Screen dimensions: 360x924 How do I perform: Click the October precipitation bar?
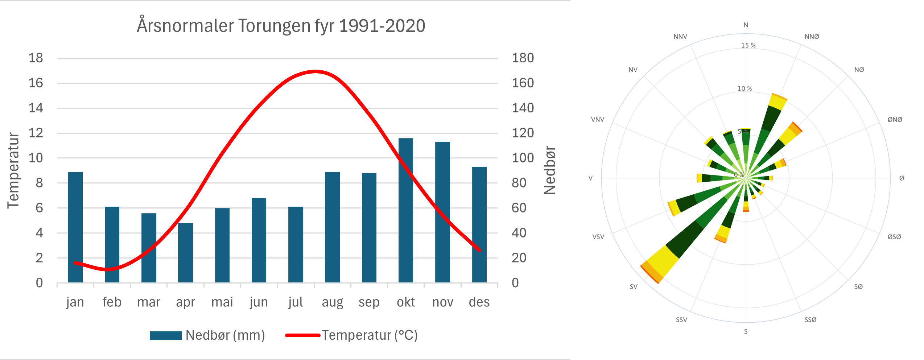[405, 210]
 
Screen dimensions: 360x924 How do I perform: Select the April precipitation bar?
[185, 253]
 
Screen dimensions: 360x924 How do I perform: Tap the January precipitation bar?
[75, 227]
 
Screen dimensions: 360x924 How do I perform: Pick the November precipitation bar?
[442, 212]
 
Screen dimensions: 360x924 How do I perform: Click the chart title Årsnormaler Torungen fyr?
[281, 26]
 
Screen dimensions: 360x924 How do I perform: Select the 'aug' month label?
[332, 302]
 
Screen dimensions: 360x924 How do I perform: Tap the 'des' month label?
[479, 302]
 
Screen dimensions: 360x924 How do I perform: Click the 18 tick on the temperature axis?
[36, 58]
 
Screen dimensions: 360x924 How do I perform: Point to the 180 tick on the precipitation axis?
[523, 58]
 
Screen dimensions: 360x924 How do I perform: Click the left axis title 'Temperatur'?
[13, 170]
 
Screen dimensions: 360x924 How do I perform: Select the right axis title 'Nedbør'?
[550, 170]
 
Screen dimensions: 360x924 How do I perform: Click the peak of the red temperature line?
[315, 71]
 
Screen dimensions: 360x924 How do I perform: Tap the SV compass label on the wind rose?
[633, 287]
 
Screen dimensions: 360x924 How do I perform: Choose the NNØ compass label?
[812, 37]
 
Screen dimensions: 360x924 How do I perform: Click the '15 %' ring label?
[748, 46]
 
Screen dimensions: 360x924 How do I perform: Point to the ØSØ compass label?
[894, 237]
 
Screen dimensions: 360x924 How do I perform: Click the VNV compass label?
[598, 120]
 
